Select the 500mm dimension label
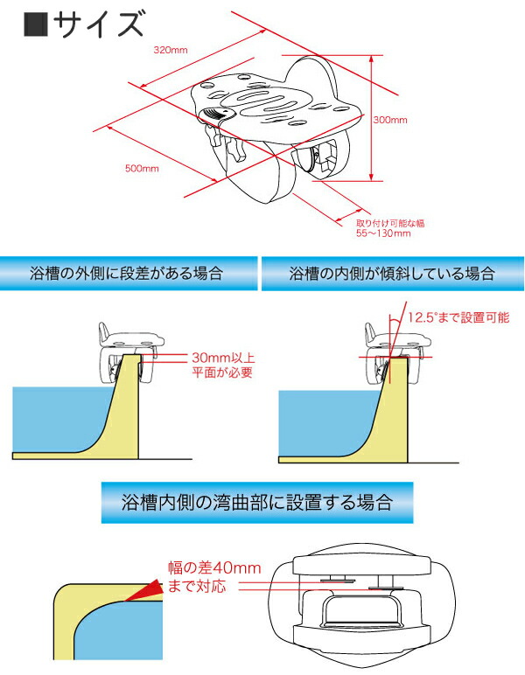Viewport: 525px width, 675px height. (140, 167)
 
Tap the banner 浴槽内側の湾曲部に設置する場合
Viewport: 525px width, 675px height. (256, 503)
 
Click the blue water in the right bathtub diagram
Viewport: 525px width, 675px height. (324, 420)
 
